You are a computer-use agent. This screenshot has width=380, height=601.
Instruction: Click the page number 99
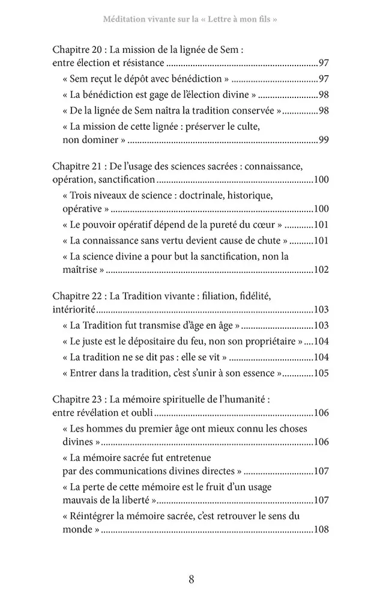(x=323, y=140)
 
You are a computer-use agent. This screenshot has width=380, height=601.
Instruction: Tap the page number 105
(x=321, y=373)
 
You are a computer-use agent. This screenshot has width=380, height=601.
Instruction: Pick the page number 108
(x=321, y=531)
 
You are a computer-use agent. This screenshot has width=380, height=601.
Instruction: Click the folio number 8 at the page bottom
(x=191, y=579)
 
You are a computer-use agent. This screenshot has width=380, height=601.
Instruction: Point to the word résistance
(x=142, y=63)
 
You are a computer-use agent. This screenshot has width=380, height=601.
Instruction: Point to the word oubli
(x=142, y=413)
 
